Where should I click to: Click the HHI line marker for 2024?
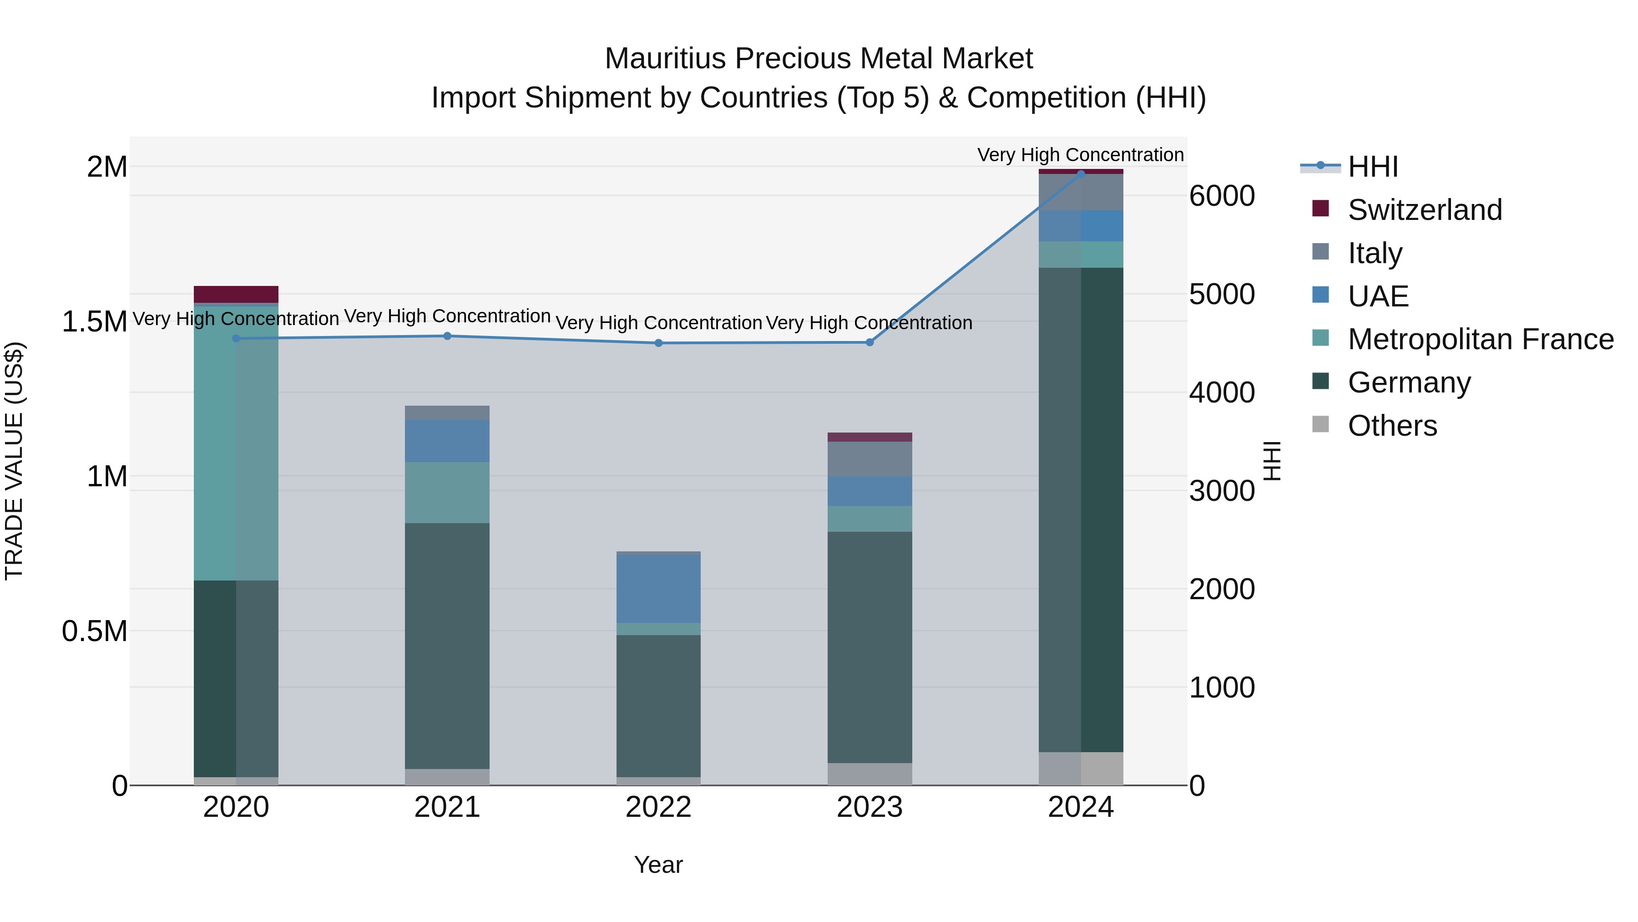[x=1081, y=174]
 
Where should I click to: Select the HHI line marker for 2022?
[x=659, y=343]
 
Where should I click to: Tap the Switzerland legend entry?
[x=1424, y=210]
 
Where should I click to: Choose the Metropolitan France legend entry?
[x=1480, y=339]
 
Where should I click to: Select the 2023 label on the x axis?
[x=869, y=807]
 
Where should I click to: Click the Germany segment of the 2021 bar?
[x=447, y=645]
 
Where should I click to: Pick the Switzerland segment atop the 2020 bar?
[x=236, y=294]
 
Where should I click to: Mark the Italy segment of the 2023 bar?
[x=869, y=459]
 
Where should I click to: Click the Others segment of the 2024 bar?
[x=1081, y=768]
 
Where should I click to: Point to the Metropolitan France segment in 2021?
[x=447, y=493]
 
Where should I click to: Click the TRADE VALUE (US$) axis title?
[x=14, y=461]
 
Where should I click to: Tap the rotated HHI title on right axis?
[x=1272, y=461]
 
